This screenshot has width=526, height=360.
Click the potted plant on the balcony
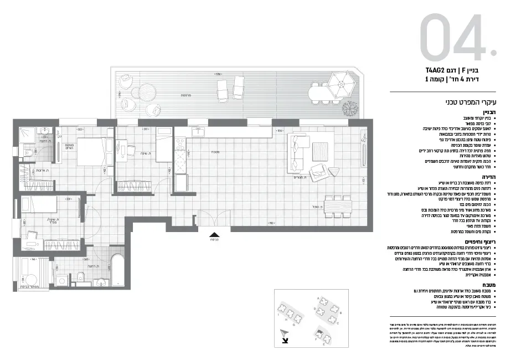[x=348, y=107]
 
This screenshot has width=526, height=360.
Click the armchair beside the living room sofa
[x=318, y=172]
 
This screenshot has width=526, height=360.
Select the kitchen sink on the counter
[x=198, y=132]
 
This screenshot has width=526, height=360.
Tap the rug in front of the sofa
[x=320, y=150]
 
